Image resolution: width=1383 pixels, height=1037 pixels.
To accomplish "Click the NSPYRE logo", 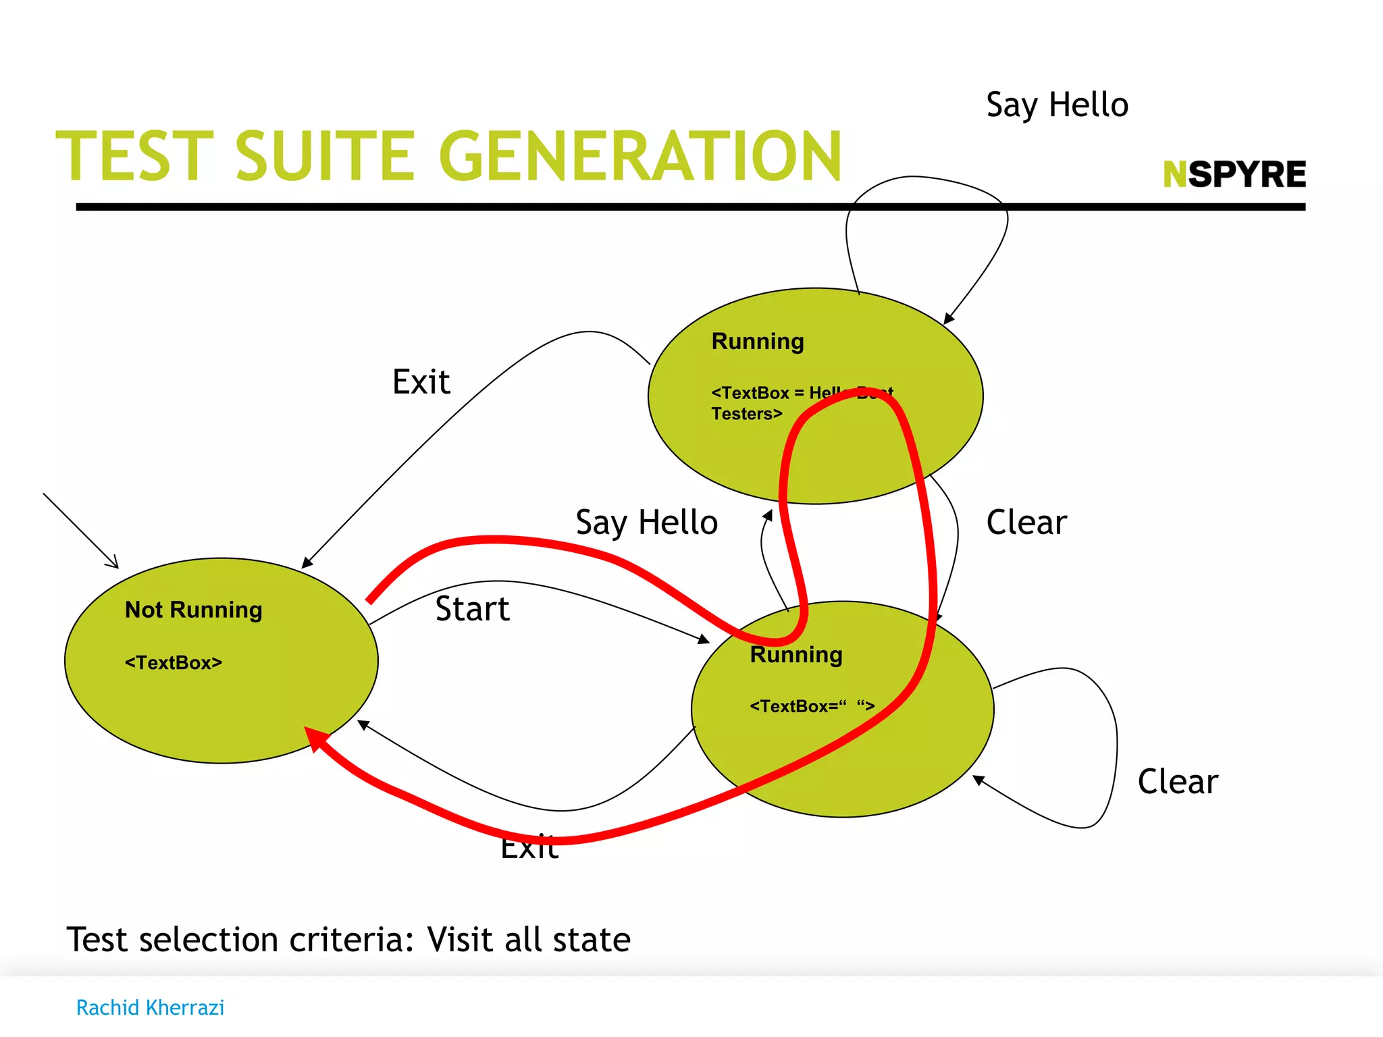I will [x=1234, y=174].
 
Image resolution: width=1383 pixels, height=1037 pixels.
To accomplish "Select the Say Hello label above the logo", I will [x=1057, y=105].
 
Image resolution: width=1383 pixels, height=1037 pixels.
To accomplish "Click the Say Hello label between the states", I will [x=646, y=523].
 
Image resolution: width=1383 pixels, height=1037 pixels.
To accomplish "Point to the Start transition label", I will [x=472, y=609].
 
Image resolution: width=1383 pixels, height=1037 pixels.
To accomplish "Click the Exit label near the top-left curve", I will [x=421, y=382].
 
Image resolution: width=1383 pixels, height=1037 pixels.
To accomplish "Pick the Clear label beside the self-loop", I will [x=1178, y=782].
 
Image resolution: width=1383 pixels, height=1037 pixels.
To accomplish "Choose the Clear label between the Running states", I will [x=1026, y=523].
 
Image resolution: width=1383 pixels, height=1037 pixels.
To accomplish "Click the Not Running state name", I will [x=194, y=610].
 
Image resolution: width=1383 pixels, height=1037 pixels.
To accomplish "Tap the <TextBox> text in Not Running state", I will [x=174, y=663].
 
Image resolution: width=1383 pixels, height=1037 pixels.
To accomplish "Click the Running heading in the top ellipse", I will [x=758, y=342].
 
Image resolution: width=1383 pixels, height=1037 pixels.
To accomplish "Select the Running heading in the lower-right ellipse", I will [x=796, y=655].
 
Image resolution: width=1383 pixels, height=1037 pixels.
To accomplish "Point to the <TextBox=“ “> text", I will [x=812, y=706].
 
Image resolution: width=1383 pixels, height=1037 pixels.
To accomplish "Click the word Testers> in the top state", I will [x=746, y=414].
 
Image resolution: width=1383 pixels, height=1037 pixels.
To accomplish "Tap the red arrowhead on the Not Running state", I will [x=314, y=737].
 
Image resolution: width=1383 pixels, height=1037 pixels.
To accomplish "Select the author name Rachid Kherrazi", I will [x=150, y=1007].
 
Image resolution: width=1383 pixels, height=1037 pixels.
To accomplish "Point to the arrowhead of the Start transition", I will [x=704, y=639].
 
